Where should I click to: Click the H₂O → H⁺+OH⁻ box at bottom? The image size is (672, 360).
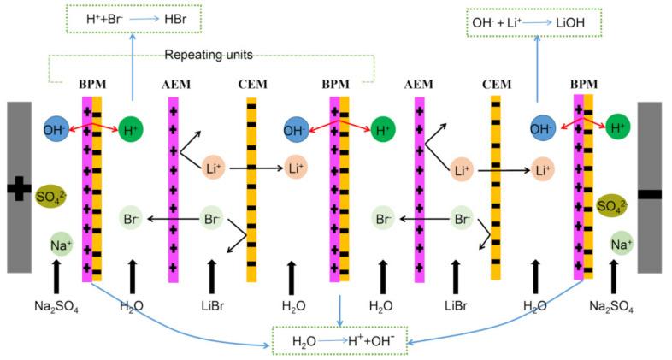340,340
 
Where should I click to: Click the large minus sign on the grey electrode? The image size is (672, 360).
649,194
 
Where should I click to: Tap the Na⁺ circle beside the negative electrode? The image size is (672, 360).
621,245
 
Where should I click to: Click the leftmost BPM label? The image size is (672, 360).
91,86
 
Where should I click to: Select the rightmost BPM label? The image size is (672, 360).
587,86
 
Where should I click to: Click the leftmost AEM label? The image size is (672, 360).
174,86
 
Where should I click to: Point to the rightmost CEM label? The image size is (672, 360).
496,86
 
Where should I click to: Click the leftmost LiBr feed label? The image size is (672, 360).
215,305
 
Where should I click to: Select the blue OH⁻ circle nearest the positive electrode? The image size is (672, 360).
56,130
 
